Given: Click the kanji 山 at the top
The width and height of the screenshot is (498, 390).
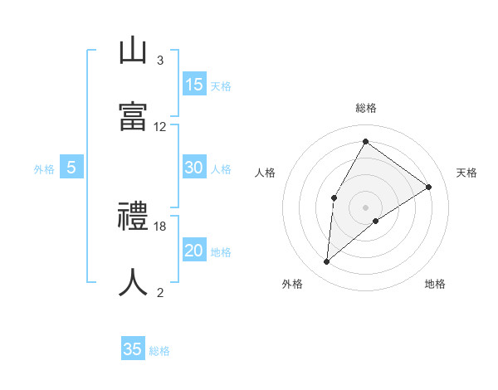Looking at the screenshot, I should (133, 51).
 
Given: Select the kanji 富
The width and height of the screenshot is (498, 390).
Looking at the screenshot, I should (133, 116).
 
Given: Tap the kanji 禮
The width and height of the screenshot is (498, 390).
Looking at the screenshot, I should (133, 217).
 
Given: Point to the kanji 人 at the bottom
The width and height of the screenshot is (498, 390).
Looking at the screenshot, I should (133, 282).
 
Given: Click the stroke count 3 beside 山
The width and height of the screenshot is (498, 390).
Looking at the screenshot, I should (159, 61).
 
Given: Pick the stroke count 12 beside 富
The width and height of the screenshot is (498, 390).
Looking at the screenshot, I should (160, 127).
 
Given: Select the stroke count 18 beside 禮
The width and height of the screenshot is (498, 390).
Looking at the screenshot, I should (160, 226).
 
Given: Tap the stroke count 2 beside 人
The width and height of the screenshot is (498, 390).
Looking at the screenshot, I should (159, 292).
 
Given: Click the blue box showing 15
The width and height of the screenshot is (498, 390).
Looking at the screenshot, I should (194, 85).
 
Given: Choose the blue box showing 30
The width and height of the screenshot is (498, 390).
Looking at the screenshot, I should (194, 168).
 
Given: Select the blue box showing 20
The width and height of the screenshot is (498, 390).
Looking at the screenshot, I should (194, 251).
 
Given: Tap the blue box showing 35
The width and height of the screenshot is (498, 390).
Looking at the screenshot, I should (133, 349).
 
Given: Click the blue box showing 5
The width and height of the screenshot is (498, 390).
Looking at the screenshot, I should (71, 168).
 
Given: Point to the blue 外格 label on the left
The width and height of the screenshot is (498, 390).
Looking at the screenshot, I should (44, 169).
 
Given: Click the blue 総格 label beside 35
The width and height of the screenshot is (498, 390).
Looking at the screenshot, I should (159, 351).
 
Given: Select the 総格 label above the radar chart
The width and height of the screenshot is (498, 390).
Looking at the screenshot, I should (365, 108).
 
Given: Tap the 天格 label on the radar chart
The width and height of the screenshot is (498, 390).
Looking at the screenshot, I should (466, 173).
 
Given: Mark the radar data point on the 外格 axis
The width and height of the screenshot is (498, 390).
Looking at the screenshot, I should (327, 262).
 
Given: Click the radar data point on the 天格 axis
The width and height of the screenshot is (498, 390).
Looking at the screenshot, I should (429, 187).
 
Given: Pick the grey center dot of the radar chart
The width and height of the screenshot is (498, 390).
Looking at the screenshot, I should (365, 207).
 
